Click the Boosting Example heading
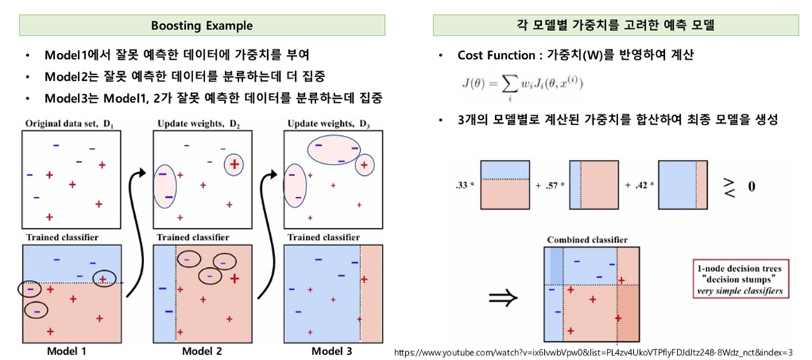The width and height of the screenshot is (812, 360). (x=201, y=26)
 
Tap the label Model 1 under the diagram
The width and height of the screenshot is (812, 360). (x=67, y=351)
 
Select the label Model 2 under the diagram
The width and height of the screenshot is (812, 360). (x=202, y=351)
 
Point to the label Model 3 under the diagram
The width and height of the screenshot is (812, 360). (x=331, y=351)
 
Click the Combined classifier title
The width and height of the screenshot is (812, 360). (x=588, y=240)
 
